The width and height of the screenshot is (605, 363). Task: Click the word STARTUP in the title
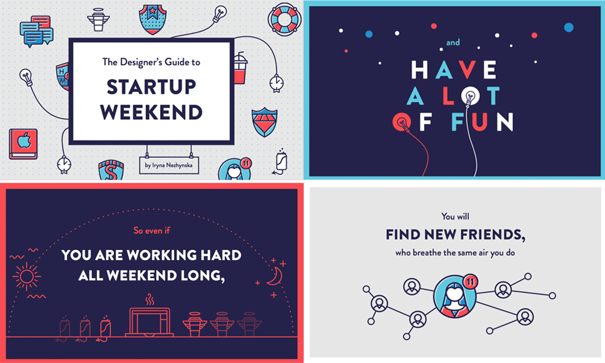[x=151, y=87]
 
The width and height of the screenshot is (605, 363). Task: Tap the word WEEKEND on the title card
[x=151, y=113]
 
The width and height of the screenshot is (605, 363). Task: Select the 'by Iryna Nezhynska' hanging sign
[x=169, y=165]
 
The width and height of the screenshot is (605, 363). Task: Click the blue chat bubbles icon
[x=36, y=31]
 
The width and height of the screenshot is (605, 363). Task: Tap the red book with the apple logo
[x=24, y=144]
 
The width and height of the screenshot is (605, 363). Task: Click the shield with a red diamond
[x=264, y=122]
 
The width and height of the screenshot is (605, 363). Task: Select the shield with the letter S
[x=111, y=170]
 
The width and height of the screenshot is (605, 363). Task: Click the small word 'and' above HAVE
[x=453, y=42]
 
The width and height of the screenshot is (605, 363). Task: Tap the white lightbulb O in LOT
[x=470, y=95]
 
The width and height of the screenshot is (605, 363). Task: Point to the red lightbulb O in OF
[x=402, y=122]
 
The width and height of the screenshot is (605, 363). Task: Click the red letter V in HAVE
[x=466, y=70]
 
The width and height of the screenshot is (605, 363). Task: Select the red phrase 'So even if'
[x=152, y=231]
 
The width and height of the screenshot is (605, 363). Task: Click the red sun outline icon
[x=26, y=276]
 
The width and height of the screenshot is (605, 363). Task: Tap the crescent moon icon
[x=275, y=276]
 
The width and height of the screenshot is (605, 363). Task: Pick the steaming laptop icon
[x=149, y=316]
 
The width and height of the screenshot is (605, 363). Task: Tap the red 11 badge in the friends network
[x=470, y=282]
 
